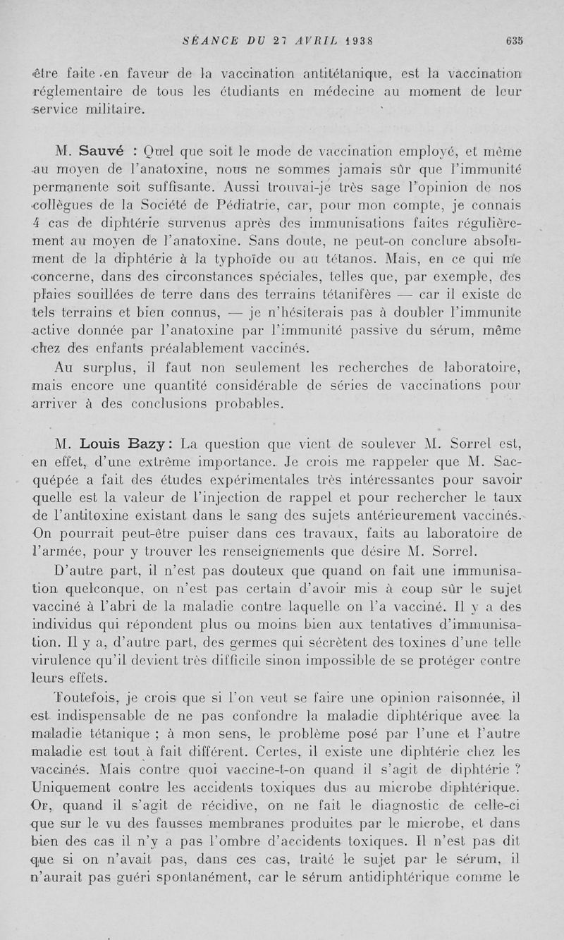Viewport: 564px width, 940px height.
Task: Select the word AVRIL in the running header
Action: click(x=314, y=40)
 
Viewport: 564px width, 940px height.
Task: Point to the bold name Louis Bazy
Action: click(x=123, y=444)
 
